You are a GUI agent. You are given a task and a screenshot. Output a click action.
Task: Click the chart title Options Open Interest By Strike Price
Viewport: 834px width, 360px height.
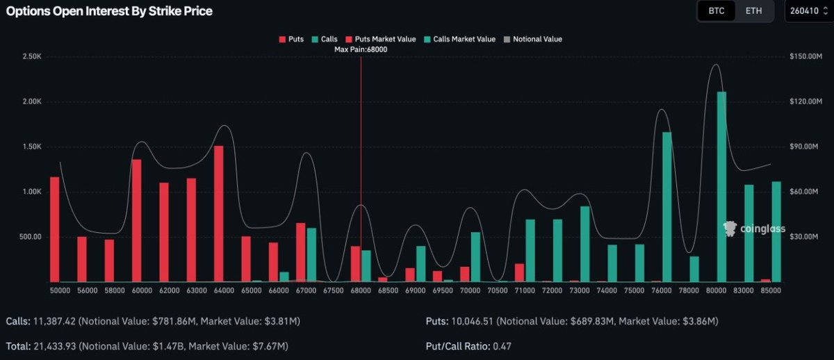[109, 11]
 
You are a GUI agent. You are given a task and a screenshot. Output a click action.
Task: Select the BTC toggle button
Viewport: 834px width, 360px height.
[716, 11]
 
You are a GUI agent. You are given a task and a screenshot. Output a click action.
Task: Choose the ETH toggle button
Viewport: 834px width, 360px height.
[753, 11]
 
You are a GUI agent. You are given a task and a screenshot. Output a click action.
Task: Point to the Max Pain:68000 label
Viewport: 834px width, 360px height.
[360, 50]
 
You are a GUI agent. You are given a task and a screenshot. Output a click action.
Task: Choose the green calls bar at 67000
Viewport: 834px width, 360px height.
[311, 254]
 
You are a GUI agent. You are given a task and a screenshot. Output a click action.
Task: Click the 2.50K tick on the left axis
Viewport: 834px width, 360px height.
[31, 56]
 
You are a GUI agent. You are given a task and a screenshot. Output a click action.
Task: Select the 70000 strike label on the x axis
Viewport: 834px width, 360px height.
[470, 291]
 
